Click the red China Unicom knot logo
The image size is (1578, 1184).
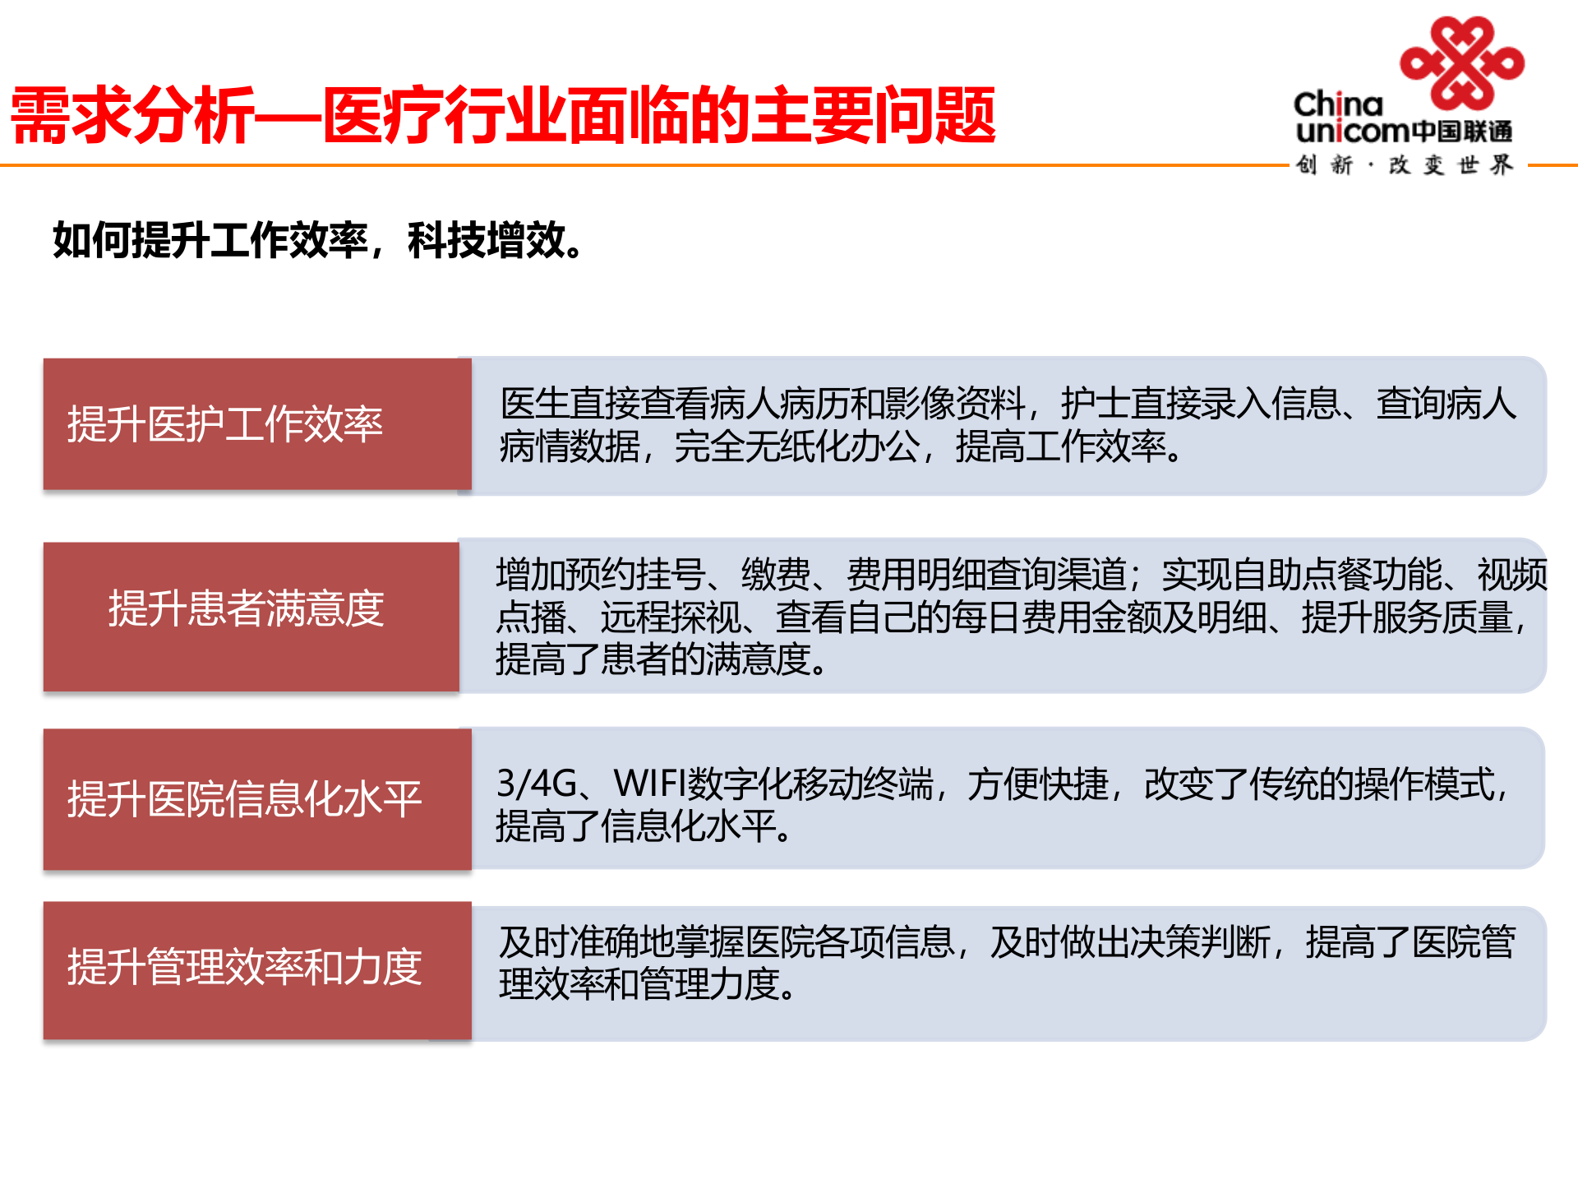point(1461,62)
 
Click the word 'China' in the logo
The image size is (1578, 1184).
point(1338,104)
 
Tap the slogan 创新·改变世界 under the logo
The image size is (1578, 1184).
point(1404,165)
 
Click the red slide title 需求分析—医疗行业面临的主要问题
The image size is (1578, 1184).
point(503,116)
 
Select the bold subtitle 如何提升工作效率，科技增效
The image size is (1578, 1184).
point(318,240)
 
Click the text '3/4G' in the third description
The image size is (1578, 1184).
point(537,784)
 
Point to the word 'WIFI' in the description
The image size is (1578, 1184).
point(649,784)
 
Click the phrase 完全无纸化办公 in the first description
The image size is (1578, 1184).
point(796,447)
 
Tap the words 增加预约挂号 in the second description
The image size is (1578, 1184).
point(600,575)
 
